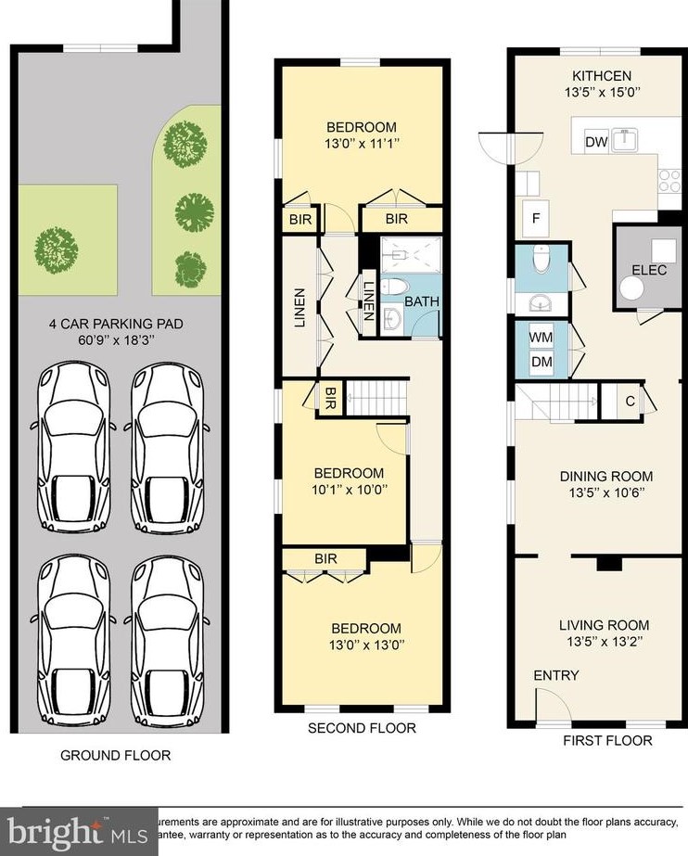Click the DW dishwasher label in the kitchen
click(596, 142)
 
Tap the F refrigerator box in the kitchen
click(535, 219)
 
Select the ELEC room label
click(649, 270)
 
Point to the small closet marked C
click(630, 401)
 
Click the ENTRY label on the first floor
click(555, 675)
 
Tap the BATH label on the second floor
click(422, 301)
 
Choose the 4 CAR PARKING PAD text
click(116, 325)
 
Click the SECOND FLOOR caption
click(362, 728)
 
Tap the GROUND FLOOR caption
click(116, 755)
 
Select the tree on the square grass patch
click(54, 247)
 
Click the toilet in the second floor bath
click(396, 287)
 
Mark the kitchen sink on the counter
click(628, 140)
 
